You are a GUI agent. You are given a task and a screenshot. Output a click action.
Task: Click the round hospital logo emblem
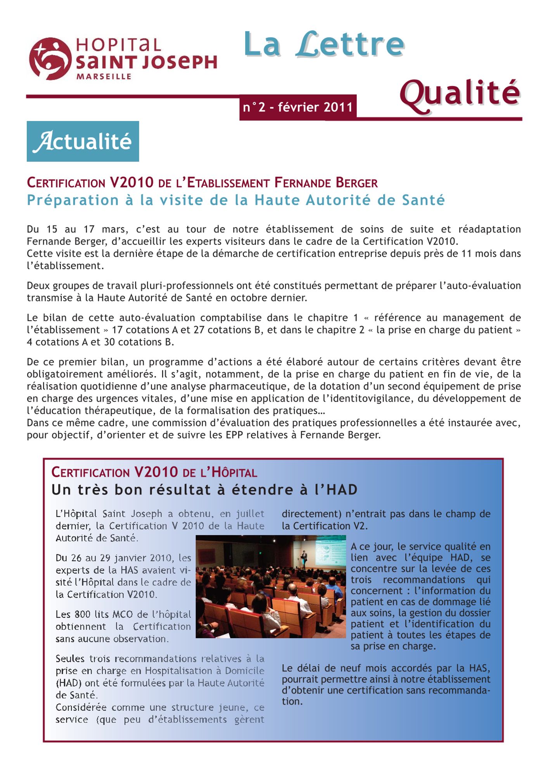(50, 59)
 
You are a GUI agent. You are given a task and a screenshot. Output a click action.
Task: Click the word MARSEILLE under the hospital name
(104, 76)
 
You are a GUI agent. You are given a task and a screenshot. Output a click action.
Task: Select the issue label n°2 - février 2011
(298, 107)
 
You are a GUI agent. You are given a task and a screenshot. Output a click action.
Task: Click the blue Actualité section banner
(83, 141)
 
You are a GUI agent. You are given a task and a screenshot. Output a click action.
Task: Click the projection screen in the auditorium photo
(330, 550)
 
